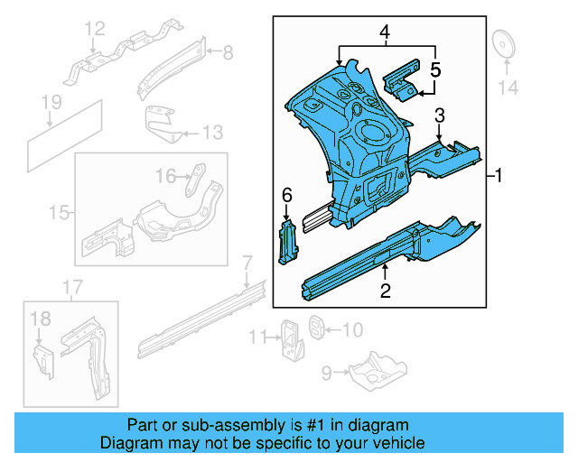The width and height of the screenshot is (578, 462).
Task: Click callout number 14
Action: click(x=509, y=88)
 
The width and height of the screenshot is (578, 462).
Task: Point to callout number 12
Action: click(x=96, y=32)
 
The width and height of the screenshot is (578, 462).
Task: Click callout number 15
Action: click(x=59, y=213)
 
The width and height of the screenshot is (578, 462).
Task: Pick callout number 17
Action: click(x=71, y=288)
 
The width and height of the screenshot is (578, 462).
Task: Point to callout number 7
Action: click(x=247, y=263)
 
